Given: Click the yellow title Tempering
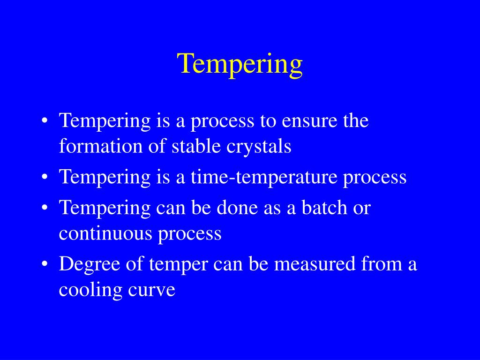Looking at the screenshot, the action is pos(240,65).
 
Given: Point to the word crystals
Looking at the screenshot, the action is pos(259,147).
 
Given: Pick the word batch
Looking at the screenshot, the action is pos(324,207).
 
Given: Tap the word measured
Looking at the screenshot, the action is pos(315,263).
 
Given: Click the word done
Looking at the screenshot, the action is pos(237,207).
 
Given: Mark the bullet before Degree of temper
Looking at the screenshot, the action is pos(45,264).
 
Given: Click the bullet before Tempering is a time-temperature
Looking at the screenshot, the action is pos(45,177).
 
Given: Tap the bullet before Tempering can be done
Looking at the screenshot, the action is pos(45,207).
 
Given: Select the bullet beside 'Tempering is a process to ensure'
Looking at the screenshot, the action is pos(45,120).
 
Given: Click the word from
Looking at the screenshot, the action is pos(382,263).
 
